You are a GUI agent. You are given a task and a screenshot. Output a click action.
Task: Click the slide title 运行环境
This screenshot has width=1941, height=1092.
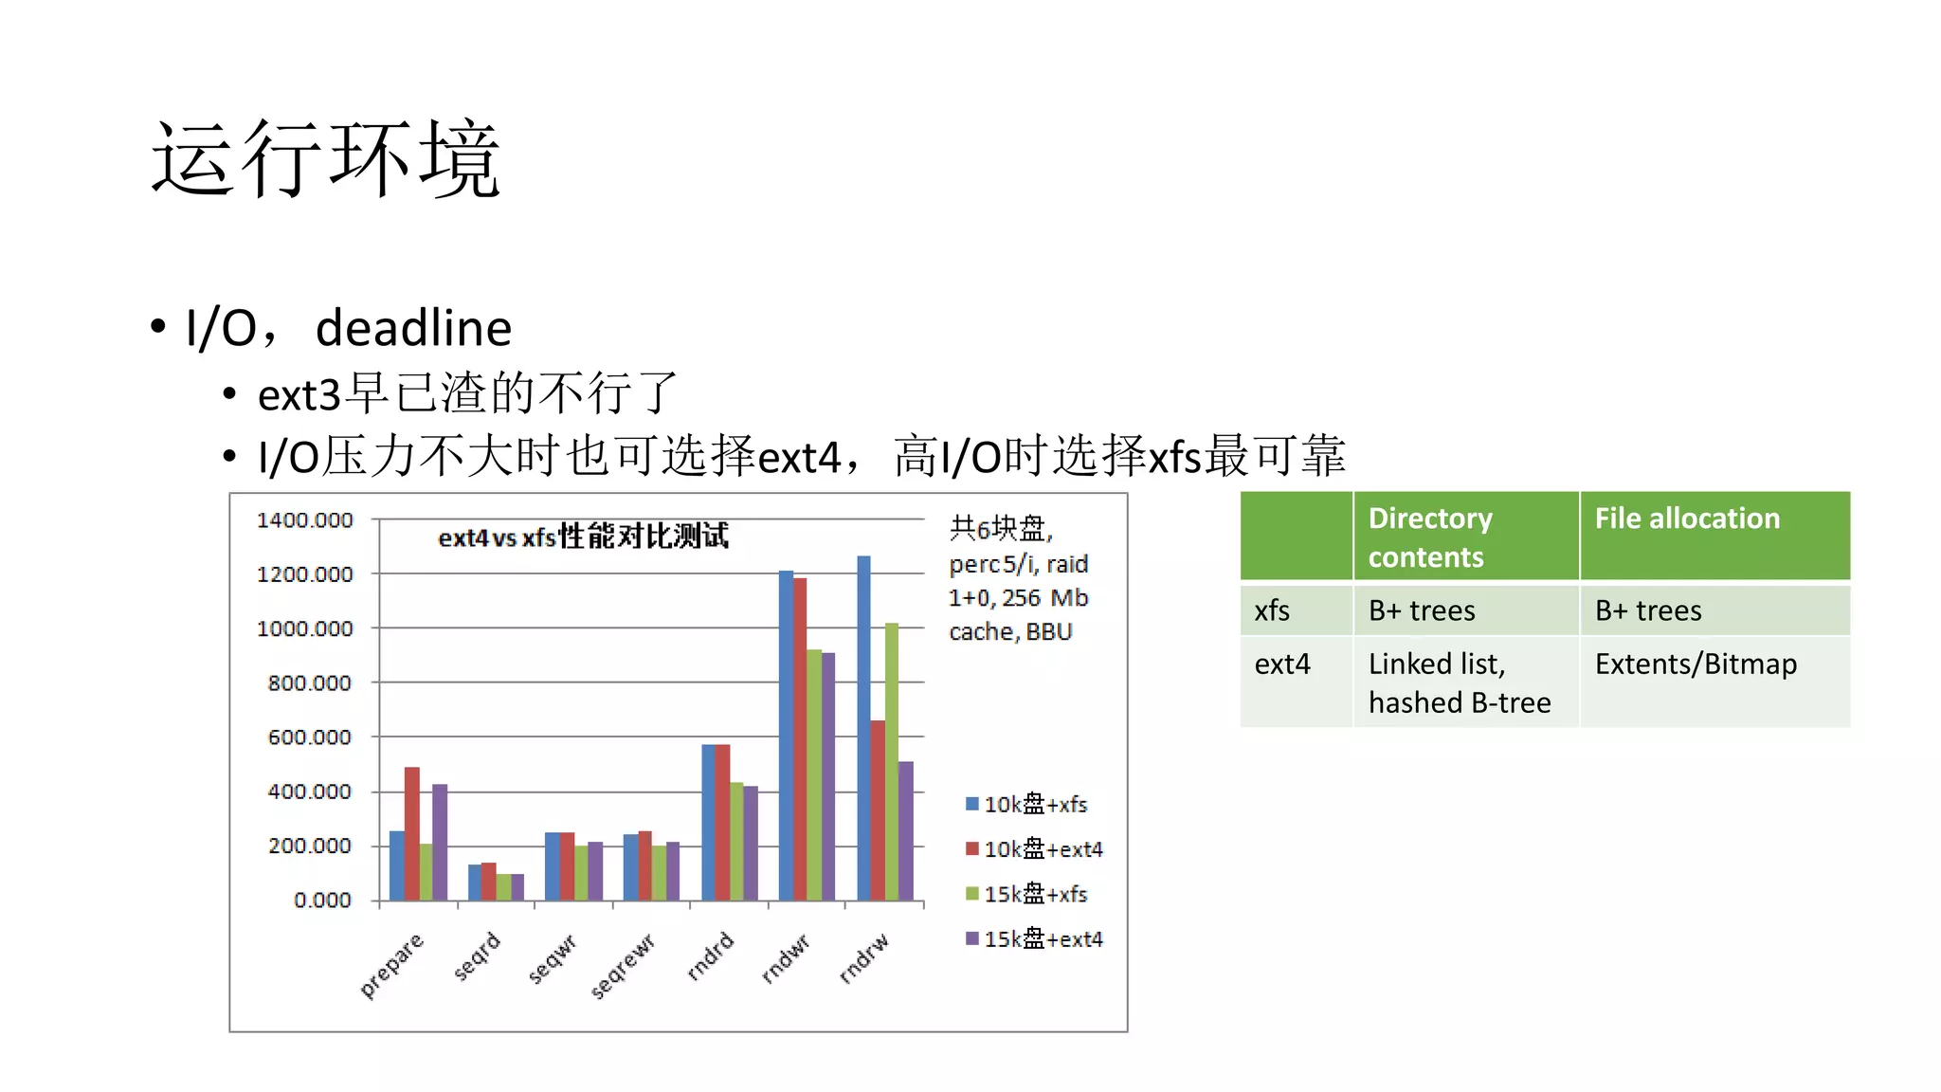325,159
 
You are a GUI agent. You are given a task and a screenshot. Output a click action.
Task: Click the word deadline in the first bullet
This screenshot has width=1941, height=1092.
413,329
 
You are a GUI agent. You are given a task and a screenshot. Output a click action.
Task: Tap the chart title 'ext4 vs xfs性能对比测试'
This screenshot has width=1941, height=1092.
583,537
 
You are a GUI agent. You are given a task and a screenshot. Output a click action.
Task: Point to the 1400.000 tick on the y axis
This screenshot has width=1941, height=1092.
304,520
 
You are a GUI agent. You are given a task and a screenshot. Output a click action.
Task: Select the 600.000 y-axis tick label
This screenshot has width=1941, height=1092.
309,737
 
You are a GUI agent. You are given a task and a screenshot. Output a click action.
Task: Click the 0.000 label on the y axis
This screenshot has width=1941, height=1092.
322,900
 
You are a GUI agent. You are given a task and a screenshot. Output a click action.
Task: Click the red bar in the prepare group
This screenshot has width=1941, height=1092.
411,833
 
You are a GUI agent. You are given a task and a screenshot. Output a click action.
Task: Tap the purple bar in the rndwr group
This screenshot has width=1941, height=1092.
827,776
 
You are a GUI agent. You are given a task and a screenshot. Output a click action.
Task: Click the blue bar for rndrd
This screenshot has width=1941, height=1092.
708,822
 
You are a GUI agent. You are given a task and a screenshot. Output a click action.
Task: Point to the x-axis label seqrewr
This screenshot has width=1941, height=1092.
623,966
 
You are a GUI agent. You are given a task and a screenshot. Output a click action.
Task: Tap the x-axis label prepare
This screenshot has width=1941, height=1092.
391,965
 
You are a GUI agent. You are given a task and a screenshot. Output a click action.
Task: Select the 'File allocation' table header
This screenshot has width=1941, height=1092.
1687,519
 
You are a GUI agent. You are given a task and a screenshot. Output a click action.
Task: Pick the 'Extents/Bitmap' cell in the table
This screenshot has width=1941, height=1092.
1696,664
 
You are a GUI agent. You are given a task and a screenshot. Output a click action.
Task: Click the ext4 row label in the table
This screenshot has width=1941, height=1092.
1282,664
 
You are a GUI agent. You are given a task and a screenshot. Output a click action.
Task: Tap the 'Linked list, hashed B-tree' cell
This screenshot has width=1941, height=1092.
1460,682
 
